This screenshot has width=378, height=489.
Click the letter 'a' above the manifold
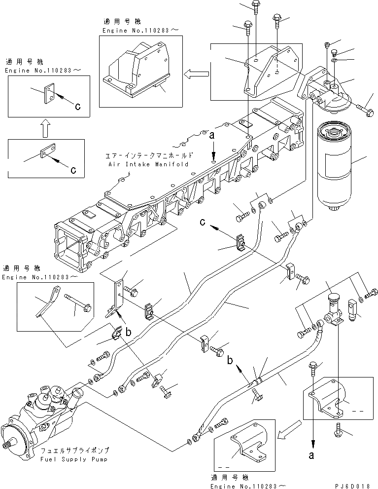[x=212, y=134]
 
